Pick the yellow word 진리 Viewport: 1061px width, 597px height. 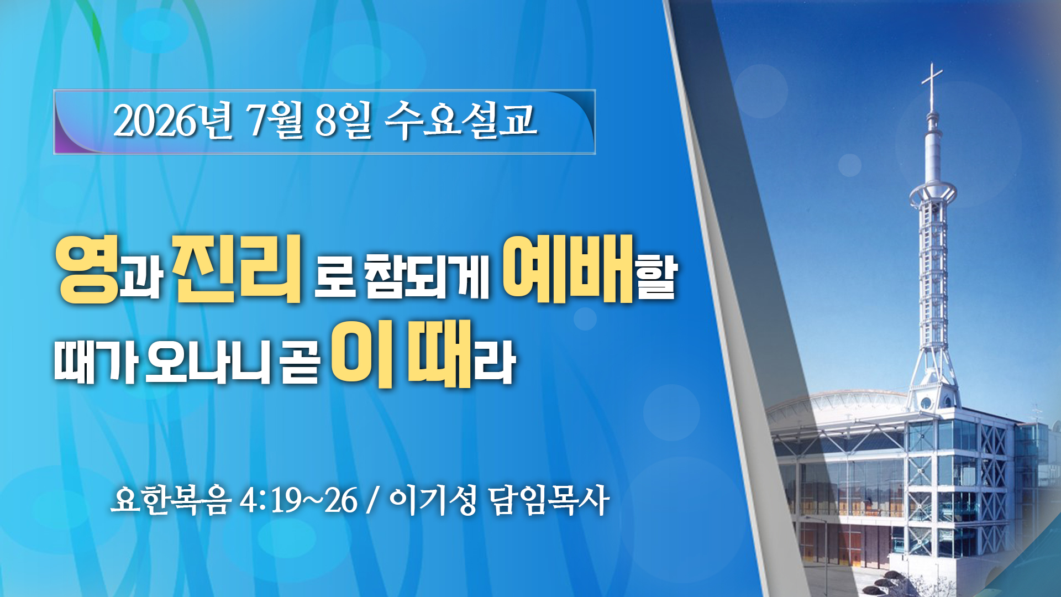click(237, 268)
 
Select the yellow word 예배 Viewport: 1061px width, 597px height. click(568, 269)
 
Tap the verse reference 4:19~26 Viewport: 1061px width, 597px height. click(299, 501)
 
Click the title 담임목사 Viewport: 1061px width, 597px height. click(549, 500)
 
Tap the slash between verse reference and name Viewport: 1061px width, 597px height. click(373, 501)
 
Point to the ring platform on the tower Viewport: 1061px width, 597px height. click(933, 193)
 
